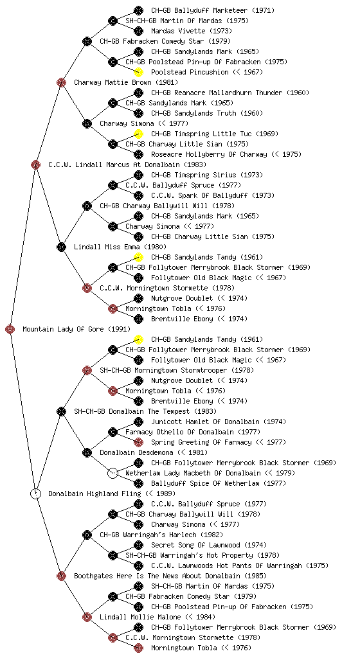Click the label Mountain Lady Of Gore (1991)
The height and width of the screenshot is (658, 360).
coord(76,329)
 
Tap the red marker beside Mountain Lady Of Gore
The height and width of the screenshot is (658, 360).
coord(10,330)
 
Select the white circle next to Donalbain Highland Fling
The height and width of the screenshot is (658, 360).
coord(35,494)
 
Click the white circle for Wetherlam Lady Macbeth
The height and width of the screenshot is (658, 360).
coord(113,474)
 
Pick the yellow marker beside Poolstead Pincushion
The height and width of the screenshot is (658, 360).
coord(138,72)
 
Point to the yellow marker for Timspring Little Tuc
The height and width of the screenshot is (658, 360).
coord(138,134)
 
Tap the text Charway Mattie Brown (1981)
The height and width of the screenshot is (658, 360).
coord(126,82)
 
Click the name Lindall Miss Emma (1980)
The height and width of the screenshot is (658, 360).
coord(120,247)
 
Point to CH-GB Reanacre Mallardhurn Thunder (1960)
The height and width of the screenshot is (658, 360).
coord(230,93)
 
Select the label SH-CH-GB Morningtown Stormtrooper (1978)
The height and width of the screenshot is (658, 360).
coord(177,370)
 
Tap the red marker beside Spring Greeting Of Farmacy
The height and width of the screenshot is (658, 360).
coord(138,442)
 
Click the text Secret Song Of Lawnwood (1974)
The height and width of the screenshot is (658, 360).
coord(209,545)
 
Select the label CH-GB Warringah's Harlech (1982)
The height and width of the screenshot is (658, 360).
coord(161,535)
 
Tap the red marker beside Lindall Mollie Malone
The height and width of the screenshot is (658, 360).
coord(87,618)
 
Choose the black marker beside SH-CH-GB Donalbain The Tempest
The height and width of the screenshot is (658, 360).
coord(61,412)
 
